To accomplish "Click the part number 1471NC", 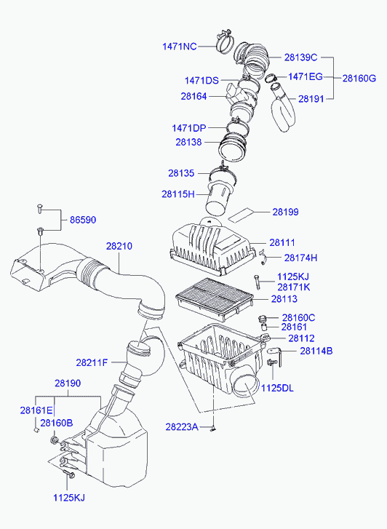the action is [180, 47].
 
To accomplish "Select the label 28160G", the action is [359, 79].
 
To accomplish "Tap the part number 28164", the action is [193, 96].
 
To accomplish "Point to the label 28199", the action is [285, 212].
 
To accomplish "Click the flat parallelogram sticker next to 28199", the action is [242, 215].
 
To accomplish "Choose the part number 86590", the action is [83, 220].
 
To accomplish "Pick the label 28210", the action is [119, 246].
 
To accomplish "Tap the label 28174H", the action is [300, 258].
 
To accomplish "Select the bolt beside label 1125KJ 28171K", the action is [257, 282].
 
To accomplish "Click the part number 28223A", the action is [182, 427].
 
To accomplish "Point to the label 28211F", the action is [92, 362].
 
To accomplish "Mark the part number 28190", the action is [68, 383].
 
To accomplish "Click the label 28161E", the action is [36, 410].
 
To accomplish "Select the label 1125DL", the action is [277, 388].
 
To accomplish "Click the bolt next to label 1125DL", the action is [272, 362].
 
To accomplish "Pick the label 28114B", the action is [316, 351].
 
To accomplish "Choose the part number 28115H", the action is [178, 194].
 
